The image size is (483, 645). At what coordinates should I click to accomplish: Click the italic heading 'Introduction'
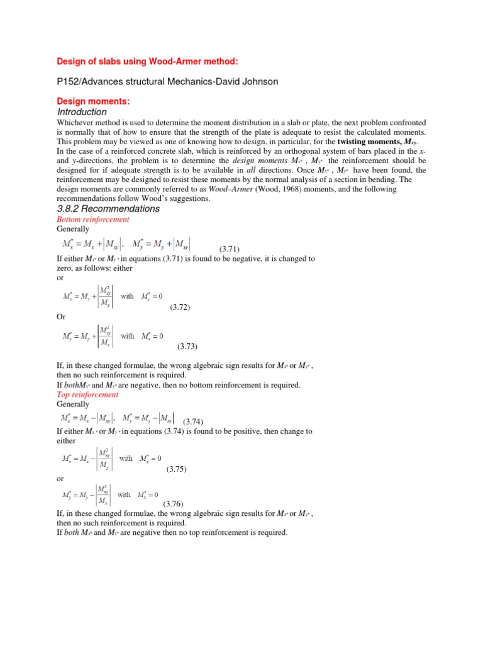[82, 111]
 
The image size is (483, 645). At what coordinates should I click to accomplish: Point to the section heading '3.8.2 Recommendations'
[108, 208]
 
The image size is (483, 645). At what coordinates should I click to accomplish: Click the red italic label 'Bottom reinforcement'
[93, 219]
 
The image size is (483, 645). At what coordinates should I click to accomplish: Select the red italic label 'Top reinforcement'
[87, 394]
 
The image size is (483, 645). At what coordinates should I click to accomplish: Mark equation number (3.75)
[177, 469]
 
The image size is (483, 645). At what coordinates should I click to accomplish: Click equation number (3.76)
[174, 504]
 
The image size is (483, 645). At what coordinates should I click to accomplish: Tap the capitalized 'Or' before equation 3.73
[61, 317]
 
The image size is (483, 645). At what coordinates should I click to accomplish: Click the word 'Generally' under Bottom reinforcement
[73, 229]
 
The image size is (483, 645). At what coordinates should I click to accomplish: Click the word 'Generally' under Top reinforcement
[73, 404]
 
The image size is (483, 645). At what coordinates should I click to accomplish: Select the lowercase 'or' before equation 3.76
[60, 479]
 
